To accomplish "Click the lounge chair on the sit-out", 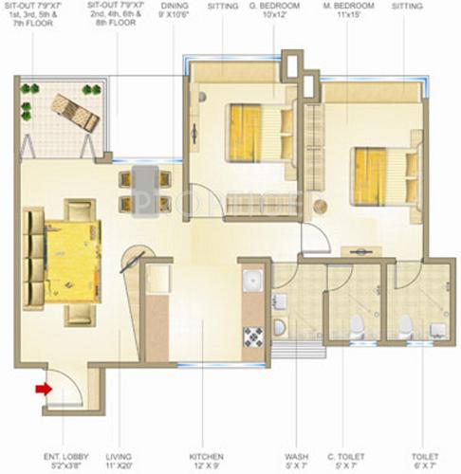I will (x=75, y=111).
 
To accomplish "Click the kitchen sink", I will (x=253, y=283).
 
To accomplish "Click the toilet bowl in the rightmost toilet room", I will (x=405, y=326).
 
